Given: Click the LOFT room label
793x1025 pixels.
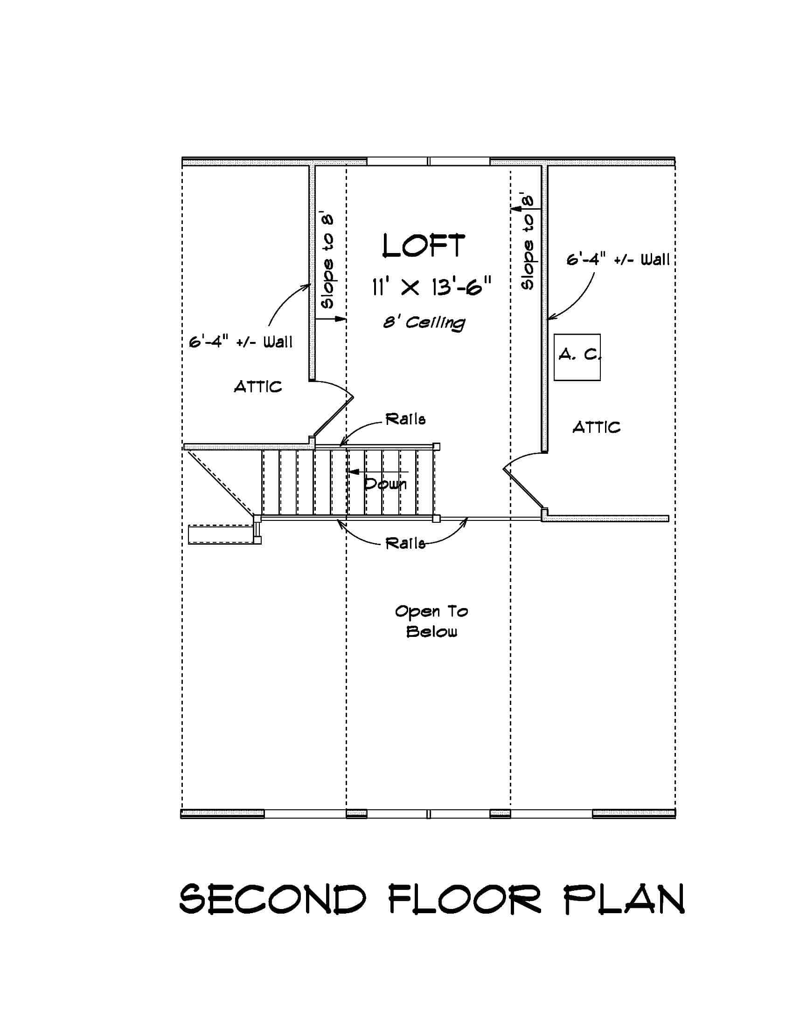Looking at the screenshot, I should (x=424, y=246).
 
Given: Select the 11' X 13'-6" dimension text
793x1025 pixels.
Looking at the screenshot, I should (x=431, y=287).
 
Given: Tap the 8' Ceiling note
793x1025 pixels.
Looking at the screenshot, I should (x=424, y=323).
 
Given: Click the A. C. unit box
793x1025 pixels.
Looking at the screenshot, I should (x=577, y=357).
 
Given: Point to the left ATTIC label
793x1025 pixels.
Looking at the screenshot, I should (x=258, y=387).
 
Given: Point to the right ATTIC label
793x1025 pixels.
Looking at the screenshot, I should (x=597, y=427).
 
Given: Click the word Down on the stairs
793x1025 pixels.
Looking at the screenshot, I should (x=385, y=484).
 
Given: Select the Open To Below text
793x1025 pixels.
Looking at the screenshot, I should (x=431, y=622).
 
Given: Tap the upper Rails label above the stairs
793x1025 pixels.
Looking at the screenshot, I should (x=405, y=419).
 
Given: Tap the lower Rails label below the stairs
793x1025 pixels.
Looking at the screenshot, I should (x=405, y=543).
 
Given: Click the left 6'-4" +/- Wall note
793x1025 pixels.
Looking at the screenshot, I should (x=241, y=342).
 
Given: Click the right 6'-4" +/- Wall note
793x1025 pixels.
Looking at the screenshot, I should (x=618, y=260).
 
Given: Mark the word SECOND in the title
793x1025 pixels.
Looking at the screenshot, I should (x=272, y=899).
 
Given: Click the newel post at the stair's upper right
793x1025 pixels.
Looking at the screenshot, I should (x=437, y=446).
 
